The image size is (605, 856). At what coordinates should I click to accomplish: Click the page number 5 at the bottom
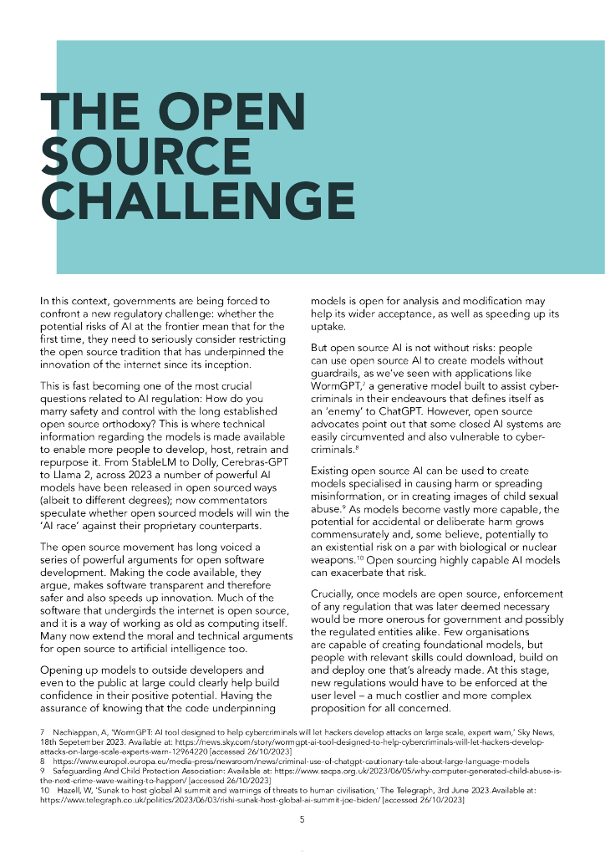click(302, 819)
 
